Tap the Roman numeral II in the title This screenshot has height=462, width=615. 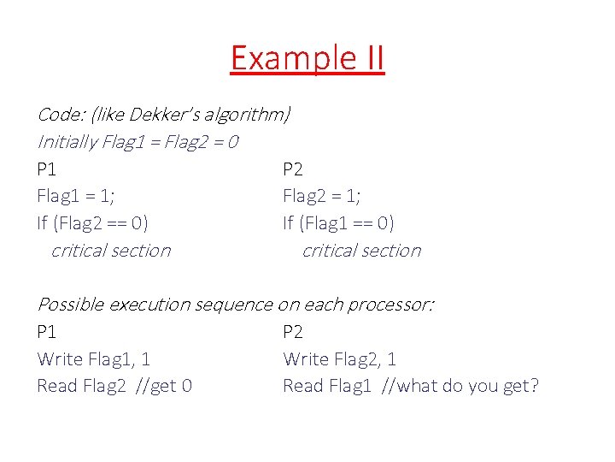(366, 59)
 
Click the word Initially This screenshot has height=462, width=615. (67, 141)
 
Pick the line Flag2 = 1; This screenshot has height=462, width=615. (322, 196)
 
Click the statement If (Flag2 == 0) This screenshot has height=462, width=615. (92, 223)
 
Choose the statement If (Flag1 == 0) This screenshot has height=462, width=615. (338, 223)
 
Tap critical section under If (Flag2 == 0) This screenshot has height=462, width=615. (111, 251)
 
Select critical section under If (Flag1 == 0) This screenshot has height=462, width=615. (361, 251)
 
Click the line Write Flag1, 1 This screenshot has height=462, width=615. (94, 359)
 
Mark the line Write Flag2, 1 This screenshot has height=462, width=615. (340, 359)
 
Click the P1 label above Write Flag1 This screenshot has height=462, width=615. (47, 332)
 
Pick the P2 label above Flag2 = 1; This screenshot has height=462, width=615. (293, 169)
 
